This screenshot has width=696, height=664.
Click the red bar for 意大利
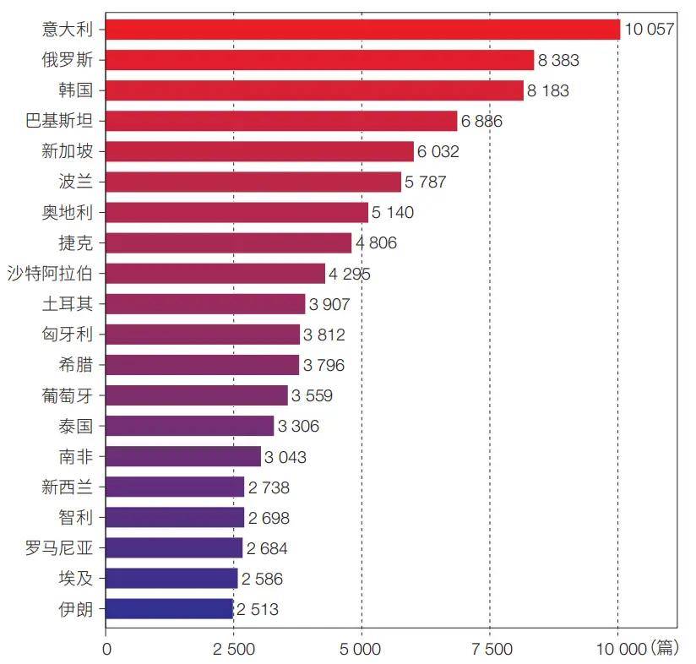coord(363,30)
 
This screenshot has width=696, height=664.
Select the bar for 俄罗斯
coord(320,60)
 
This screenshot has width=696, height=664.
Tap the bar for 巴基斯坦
coord(281,121)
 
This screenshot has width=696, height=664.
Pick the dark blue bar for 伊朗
coord(169,608)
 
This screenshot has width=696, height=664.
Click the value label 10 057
coord(649,30)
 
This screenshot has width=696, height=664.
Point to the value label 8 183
coord(548,90)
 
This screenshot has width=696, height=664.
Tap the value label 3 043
coord(285,457)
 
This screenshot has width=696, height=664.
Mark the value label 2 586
coord(262,579)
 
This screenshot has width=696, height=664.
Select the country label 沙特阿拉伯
coord(50,273)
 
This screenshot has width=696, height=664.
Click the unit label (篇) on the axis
coord(664,647)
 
